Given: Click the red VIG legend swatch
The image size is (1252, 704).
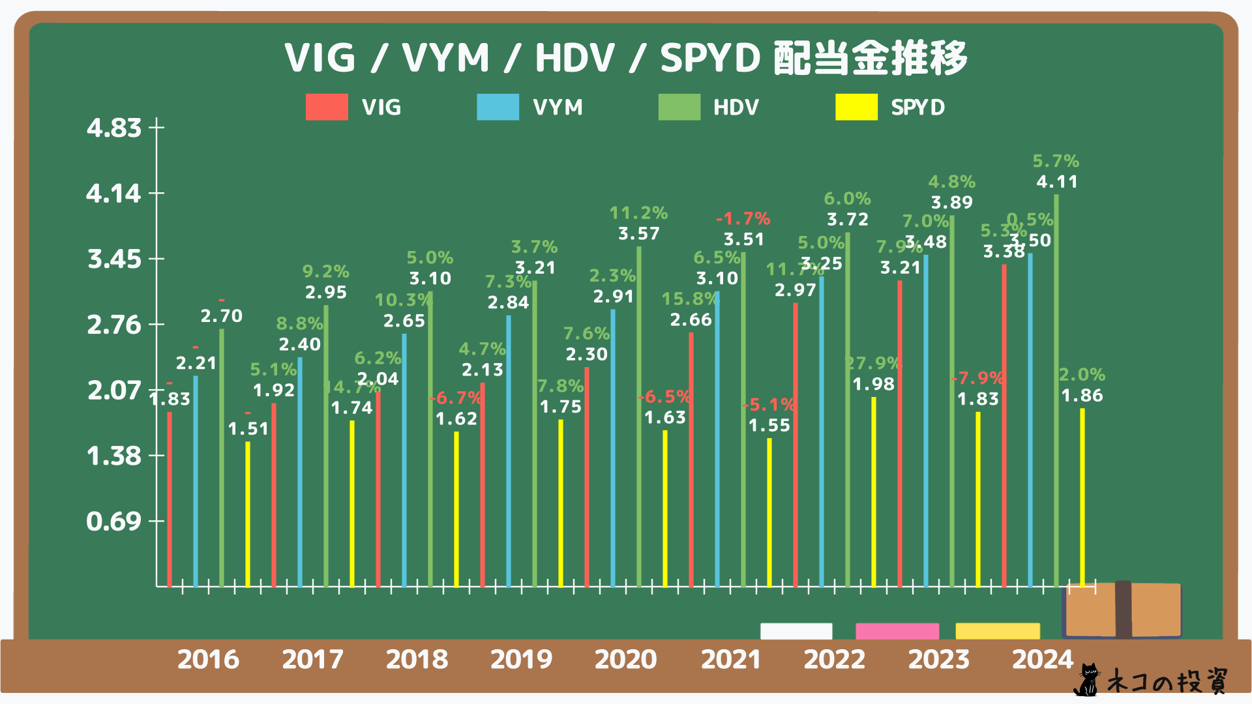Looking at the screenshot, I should tap(327, 107).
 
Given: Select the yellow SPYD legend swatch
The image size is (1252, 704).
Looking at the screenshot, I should tap(856, 107).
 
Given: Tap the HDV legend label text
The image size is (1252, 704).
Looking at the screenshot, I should tap(736, 107).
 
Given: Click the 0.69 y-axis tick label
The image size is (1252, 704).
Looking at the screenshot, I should tap(114, 521).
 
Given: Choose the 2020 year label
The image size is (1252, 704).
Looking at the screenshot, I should tap(625, 659).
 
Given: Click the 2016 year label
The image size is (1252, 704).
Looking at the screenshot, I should tap(208, 659).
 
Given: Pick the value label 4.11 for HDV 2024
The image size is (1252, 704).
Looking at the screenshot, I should tap(1057, 182).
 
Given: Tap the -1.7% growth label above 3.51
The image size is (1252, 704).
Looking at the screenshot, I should tap(743, 219).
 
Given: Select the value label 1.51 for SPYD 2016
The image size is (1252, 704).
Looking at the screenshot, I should tap(248, 429).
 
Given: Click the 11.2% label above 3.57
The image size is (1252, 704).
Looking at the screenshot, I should tap(638, 213).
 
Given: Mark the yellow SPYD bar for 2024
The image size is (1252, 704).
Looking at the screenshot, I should tap(1082, 495).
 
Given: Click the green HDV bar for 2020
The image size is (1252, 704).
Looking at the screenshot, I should tap(639, 417).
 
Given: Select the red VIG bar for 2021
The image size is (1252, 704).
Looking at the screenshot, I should tap(691, 456).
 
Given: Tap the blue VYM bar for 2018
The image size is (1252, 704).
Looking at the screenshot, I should tap(404, 456).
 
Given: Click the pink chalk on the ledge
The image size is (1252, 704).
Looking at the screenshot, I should tap(897, 631).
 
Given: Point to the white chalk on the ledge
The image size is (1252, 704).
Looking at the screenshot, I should tap(796, 631).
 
